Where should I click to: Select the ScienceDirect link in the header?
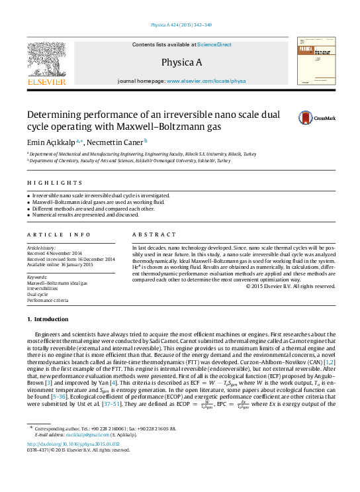(214, 44)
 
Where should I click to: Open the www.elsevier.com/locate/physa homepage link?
(206, 81)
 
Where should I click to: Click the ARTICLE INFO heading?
(60, 235)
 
